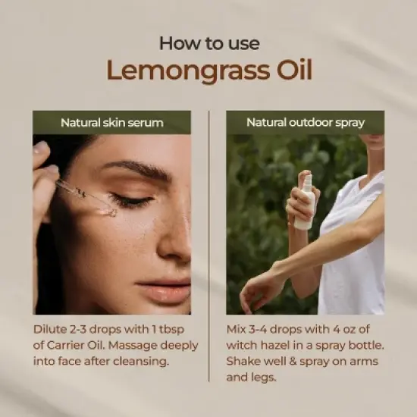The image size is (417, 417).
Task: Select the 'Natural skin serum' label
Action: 111,122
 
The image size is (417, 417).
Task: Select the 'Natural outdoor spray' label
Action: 305,122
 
